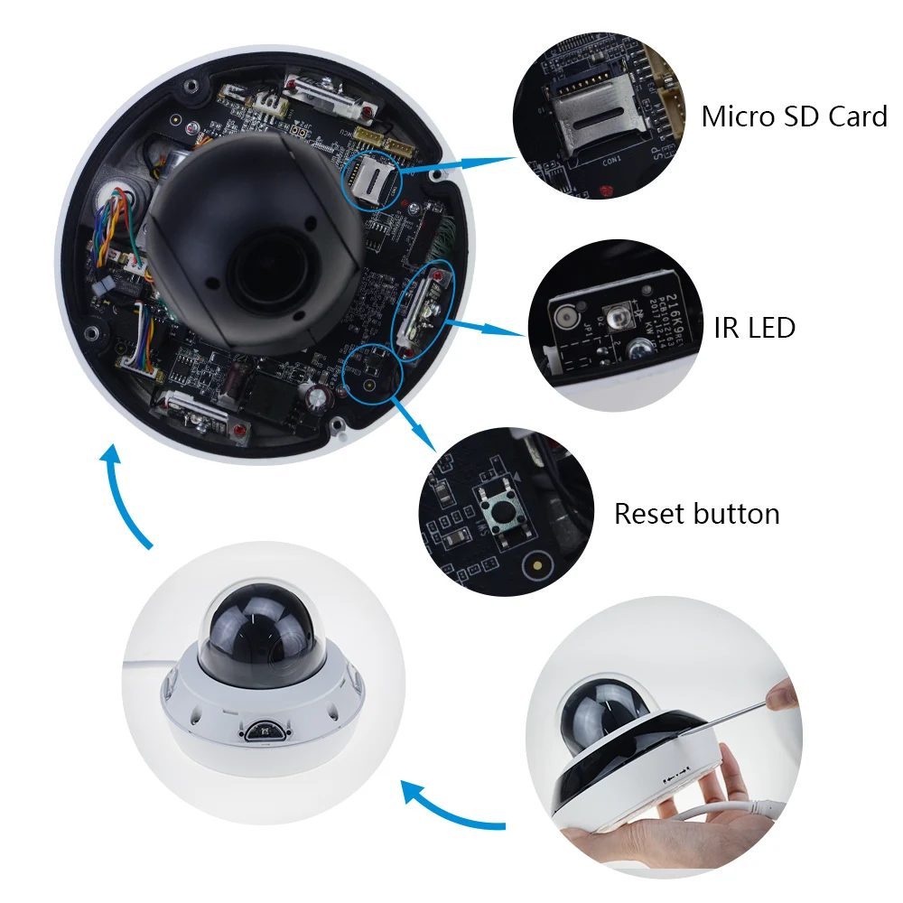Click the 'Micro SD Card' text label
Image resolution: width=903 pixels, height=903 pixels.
pos(794,116)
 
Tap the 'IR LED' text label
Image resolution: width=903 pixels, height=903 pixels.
pos(754,327)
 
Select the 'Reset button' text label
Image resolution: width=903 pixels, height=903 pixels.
pos(696,514)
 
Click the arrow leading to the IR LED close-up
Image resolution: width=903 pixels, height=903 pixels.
pos(489,327)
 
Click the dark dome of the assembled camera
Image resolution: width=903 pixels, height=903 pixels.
pos(247,638)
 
